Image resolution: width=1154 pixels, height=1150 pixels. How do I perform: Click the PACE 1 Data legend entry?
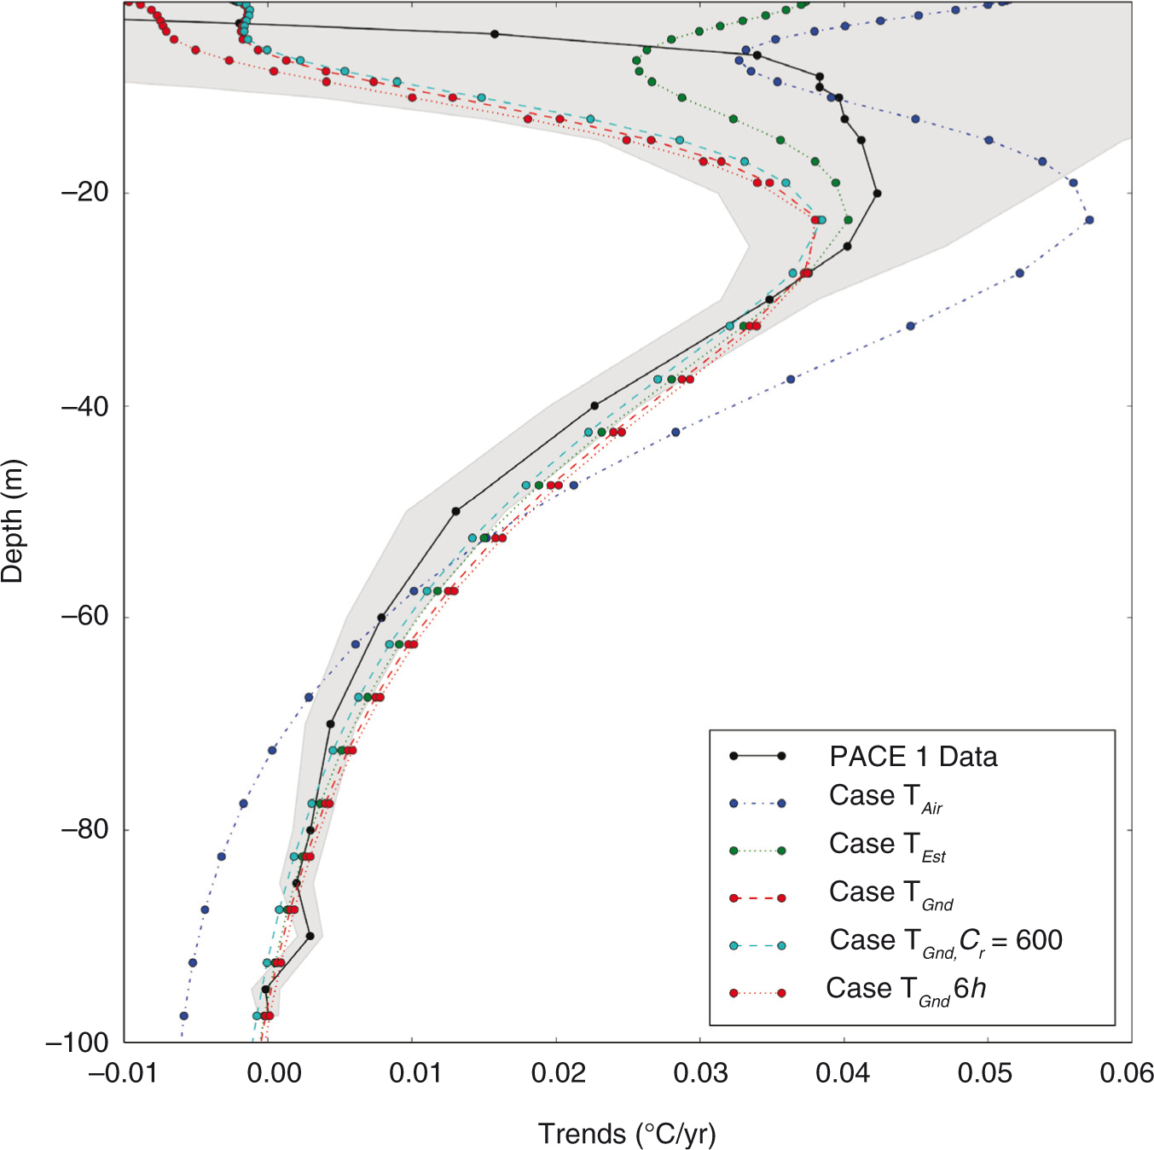[913, 757]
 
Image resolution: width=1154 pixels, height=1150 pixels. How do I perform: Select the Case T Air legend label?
[885, 799]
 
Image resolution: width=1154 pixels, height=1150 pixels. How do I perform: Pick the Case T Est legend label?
[887, 846]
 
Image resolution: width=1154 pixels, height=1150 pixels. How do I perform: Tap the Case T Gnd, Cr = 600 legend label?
[945, 942]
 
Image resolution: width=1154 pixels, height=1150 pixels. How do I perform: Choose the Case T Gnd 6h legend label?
[906, 990]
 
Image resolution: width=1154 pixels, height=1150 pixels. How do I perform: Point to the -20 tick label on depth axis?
[85, 193]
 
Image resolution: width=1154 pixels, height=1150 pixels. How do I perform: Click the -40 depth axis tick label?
[85, 406]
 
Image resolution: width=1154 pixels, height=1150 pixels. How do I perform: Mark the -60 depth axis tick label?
[85, 617]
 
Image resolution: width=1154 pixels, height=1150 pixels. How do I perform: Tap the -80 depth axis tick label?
[85, 829]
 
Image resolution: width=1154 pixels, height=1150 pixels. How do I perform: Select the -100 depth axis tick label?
[78, 1043]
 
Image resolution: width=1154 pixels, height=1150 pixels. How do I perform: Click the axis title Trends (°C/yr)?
[627, 1135]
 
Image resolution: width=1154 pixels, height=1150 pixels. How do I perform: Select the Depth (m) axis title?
[13, 521]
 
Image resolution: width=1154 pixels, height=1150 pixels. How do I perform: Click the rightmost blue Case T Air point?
[1089, 220]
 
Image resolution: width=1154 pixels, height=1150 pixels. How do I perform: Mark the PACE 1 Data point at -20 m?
[877, 194]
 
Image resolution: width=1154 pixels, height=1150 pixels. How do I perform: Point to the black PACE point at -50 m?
[455, 511]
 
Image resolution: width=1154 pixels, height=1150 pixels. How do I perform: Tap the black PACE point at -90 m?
[310, 936]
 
